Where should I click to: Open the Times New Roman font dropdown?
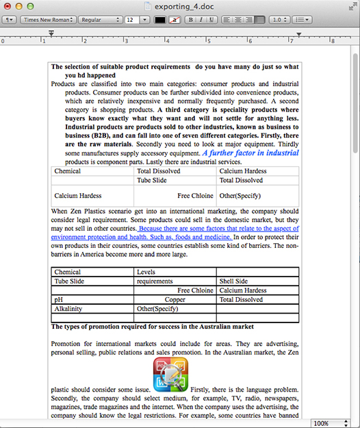click(x=47, y=20)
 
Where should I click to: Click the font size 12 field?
click(x=132, y=20)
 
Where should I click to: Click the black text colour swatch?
click(x=160, y=20)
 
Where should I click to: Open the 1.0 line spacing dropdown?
click(x=279, y=20)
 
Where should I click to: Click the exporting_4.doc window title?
click(x=185, y=7)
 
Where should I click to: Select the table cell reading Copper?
click(x=175, y=300)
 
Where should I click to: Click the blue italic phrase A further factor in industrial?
click(x=250, y=153)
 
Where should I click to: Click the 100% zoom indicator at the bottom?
click(x=323, y=423)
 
